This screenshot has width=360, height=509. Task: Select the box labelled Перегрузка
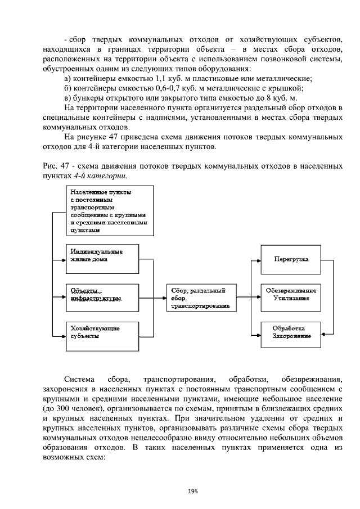[290, 260]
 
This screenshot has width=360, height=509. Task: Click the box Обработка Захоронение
[290, 332]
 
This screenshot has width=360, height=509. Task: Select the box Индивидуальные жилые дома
[102, 256]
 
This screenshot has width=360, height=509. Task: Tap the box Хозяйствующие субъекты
[102, 332]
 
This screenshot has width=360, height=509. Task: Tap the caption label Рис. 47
[54, 166]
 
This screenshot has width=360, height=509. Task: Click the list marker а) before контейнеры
[69, 78]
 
